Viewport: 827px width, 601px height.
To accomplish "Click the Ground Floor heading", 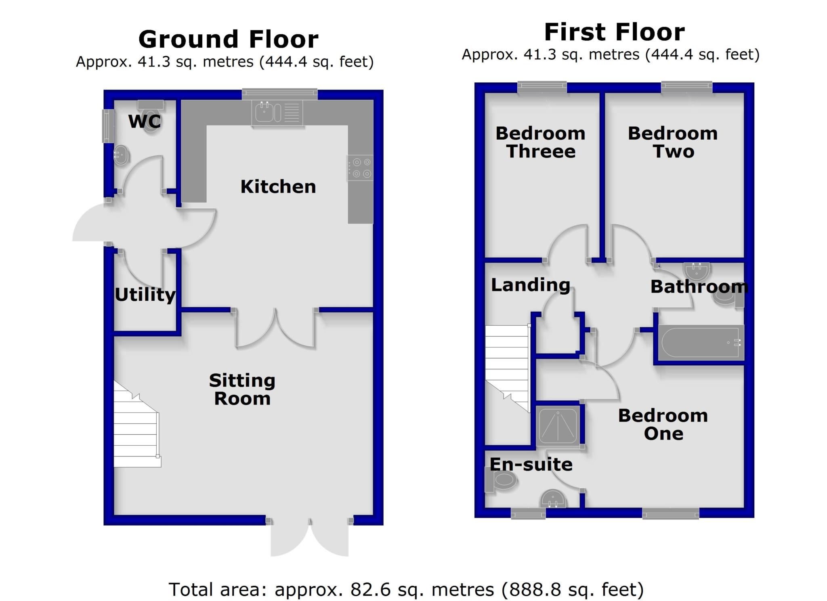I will pos(228,40).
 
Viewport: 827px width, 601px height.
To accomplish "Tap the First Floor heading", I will pos(614,32).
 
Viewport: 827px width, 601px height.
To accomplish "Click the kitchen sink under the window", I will pos(265,112).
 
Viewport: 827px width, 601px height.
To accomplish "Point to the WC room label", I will pos(145,121).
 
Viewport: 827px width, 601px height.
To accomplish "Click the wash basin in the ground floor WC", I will pos(121,155).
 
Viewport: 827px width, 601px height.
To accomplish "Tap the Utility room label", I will pos(145,295).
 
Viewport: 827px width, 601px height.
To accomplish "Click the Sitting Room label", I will pos(242,389).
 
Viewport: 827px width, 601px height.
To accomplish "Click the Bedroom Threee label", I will pos(540,142).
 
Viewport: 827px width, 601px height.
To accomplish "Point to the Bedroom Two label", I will pos(673,142).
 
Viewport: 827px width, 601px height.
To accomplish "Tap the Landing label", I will pos(530,285).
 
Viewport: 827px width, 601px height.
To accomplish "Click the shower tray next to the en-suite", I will pos(558,425).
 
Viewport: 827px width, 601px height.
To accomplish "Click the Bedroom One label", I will pos(663,425).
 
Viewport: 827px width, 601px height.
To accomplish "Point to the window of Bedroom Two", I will pos(686,86).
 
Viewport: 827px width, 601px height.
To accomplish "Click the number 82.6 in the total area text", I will pos(370,590).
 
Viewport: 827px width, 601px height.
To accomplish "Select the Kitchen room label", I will pos(278,187).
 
